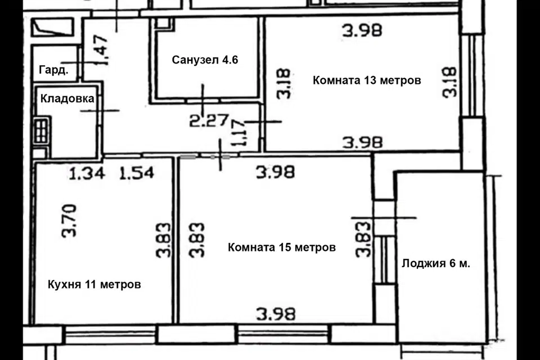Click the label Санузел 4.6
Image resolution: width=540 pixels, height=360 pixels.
(205, 60)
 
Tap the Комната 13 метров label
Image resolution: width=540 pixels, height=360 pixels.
(367, 80)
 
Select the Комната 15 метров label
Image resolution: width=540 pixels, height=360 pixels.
(282, 247)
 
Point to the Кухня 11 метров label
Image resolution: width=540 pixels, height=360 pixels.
(94, 285)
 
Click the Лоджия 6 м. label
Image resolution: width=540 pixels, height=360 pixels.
(436, 264)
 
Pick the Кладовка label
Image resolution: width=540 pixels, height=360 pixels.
(67, 99)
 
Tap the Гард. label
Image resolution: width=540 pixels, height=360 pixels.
(54, 70)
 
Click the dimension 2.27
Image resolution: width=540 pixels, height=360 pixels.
(209, 120)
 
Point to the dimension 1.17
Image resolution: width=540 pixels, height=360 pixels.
(240, 133)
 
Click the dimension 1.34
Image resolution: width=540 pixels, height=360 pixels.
(87, 173)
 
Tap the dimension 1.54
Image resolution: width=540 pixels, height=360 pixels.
(137, 173)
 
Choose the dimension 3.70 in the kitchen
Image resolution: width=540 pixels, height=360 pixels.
(69, 220)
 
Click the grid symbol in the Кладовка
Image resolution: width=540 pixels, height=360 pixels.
(41, 130)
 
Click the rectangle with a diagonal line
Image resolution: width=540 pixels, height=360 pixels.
(52, 27)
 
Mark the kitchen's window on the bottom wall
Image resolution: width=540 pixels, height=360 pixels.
(110, 335)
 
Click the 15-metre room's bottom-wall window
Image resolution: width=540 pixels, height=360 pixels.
(283, 334)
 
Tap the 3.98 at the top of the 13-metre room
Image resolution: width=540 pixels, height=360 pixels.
(362, 30)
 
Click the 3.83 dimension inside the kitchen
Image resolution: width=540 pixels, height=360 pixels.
(163, 240)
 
